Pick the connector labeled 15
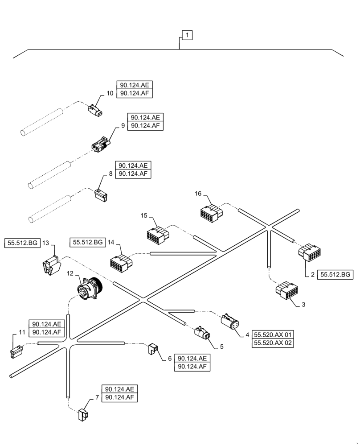[158, 235]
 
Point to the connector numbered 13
[51, 266]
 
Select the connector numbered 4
[230, 322]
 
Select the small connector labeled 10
[96, 111]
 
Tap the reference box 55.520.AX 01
[274, 334]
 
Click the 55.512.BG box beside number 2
[335, 274]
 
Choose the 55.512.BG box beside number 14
[87, 242]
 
